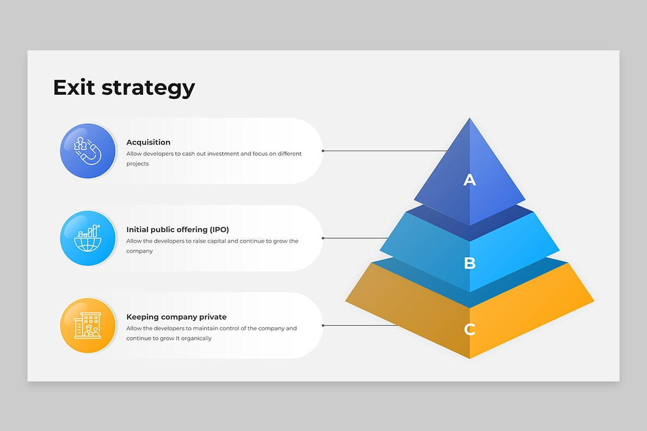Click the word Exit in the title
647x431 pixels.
(74, 87)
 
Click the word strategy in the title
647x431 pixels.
(148, 89)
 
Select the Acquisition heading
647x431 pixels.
(148, 142)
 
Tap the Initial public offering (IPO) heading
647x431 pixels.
(177, 230)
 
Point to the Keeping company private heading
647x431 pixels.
(176, 317)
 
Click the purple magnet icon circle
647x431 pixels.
(88, 151)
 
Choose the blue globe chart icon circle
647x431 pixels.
(88, 238)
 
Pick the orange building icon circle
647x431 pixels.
(88, 325)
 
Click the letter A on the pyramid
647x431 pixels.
(470, 179)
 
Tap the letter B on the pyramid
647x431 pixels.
(470, 263)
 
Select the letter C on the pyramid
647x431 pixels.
(470, 329)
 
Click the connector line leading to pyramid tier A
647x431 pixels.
(385, 151)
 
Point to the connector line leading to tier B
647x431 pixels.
(355, 238)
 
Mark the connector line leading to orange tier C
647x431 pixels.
(360, 325)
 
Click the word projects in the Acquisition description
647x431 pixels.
(137, 164)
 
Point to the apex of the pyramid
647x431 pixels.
(470, 118)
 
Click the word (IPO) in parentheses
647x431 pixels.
(219, 230)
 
